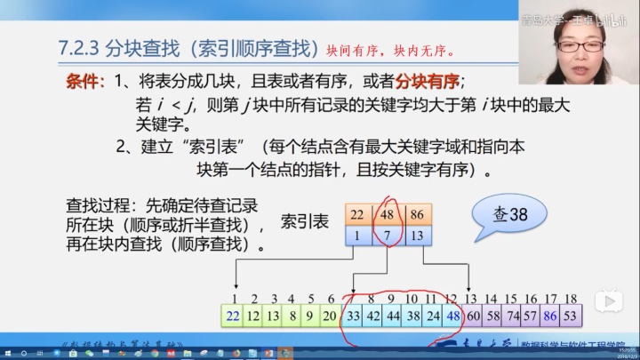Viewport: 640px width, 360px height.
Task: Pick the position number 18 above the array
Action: [571, 298]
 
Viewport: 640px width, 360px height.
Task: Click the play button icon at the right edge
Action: [609, 301]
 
